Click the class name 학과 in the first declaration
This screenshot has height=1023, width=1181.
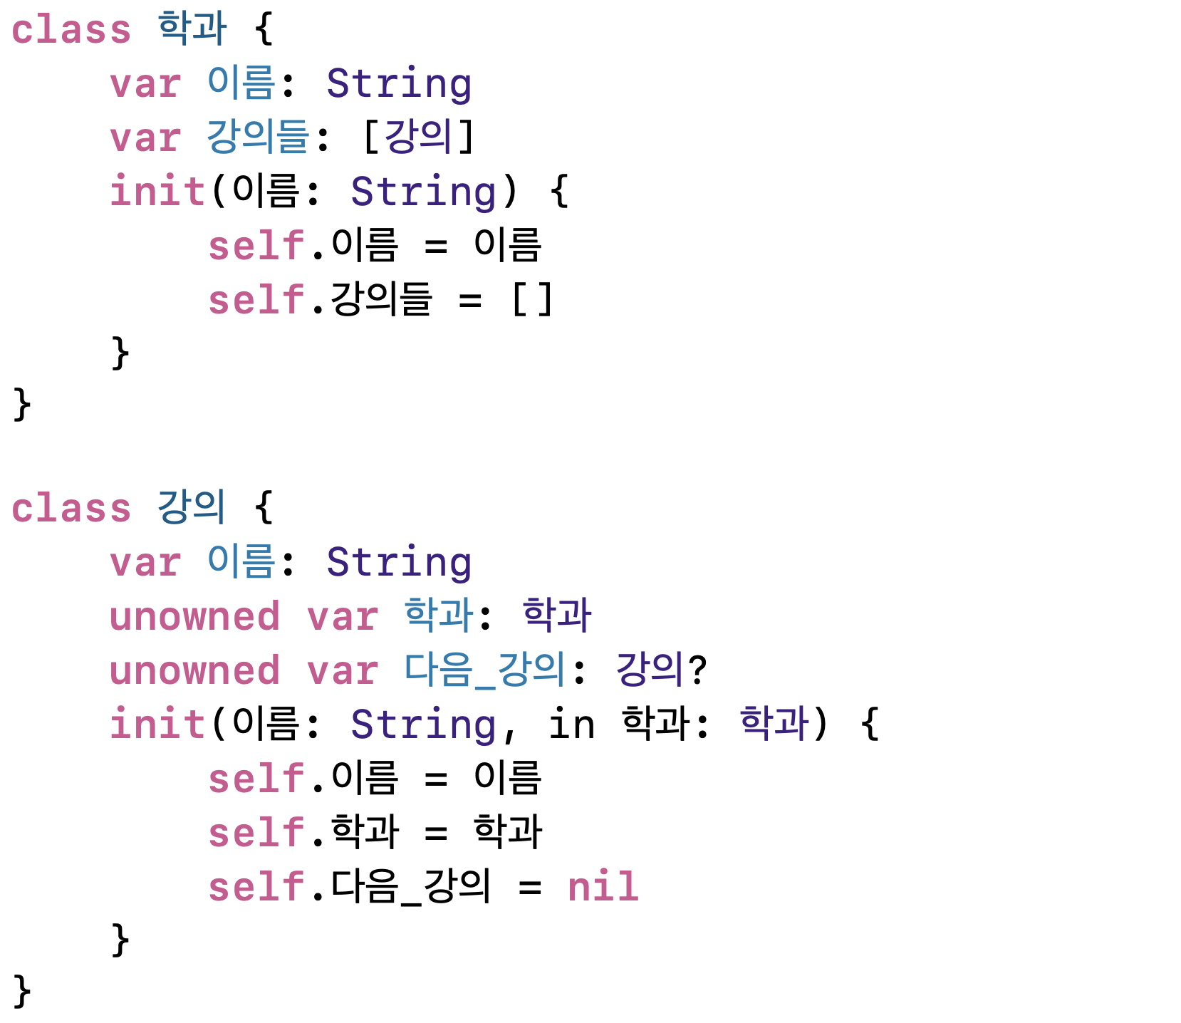[192, 28]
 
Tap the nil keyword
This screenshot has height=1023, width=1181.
[603, 887]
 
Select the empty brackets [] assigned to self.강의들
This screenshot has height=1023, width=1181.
[531, 299]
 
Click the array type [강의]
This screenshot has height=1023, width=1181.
[418, 137]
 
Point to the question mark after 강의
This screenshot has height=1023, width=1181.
[697, 670]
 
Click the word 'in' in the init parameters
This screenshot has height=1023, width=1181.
[571, 725]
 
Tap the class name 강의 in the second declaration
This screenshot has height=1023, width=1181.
[191, 507]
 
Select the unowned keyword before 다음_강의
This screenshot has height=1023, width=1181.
[194, 671]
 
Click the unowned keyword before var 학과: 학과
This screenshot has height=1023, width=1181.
[194, 616]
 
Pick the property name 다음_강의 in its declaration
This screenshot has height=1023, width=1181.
[484, 670]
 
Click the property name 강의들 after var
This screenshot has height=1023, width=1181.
[258, 137]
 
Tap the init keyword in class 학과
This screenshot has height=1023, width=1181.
[157, 191]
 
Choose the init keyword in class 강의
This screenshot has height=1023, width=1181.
[157, 725]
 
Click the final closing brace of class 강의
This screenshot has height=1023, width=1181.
[22, 991]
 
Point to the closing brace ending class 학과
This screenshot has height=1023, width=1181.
[22, 405]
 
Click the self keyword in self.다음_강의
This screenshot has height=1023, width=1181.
[256, 887]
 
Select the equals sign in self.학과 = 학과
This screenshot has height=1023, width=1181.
[436, 833]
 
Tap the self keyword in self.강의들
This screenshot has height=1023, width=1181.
[256, 299]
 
